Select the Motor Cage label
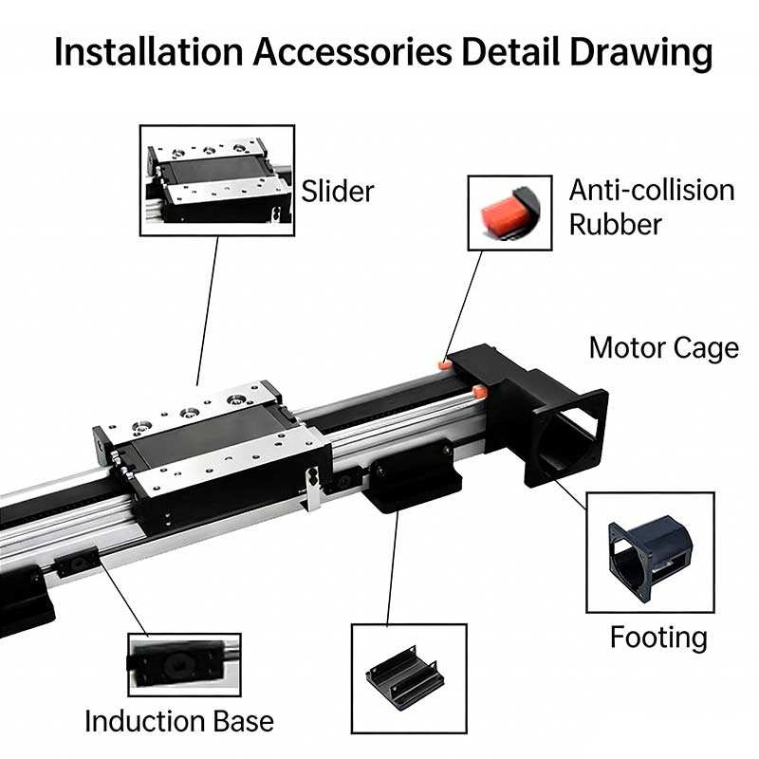click(663, 347)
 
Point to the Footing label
click(658, 636)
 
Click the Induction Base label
click(179, 720)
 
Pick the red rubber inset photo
click(509, 213)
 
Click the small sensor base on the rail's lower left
click(75, 566)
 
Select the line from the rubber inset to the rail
click(465, 304)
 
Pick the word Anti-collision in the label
click(651, 190)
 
